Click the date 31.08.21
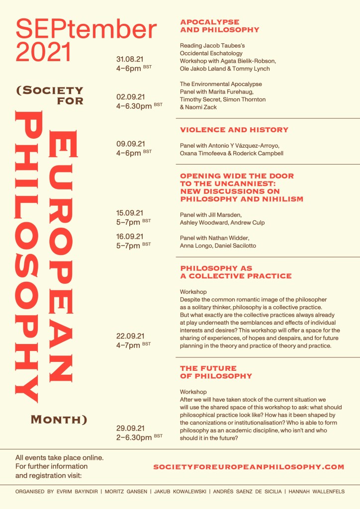click(x=130, y=60)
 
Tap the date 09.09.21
click(x=130, y=144)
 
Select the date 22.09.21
click(x=130, y=336)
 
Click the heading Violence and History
click(x=234, y=130)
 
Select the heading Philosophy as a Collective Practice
click(x=236, y=272)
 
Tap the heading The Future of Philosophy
click(x=216, y=372)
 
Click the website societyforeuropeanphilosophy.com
click(x=249, y=467)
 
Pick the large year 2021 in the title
click(x=44, y=52)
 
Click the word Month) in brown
click(x=59, y=420)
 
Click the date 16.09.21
click(x=130, y=237)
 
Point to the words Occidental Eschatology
click(x=211, y=53)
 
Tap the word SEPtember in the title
click(x=86, y=29)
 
